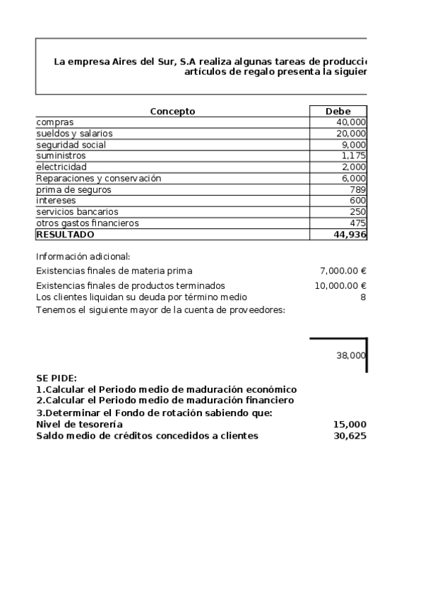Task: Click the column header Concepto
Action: (x=172, y=111)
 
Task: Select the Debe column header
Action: (x=338, y=111)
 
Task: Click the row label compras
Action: (x=55, y=122)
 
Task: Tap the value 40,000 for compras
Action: (x=352, y=122)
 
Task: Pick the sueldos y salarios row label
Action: (x=74, y=134)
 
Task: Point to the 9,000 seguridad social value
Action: (x=354, y=145)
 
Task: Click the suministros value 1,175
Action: (x=354, y=155)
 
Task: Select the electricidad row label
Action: (x=61, y=167)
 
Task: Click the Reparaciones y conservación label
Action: (x=99, y=178)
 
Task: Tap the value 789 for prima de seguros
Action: (x=358, y=189)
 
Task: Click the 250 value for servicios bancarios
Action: (x=358, y=212)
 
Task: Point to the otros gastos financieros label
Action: (x=88, y=223)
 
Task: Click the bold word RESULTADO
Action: (x=65, y=235)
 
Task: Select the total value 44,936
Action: (x=350, y=235)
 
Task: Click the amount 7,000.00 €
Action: (x=343, y=271)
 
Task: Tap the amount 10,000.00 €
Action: (x=340, y=285)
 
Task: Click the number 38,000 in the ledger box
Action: (x=351, y=356)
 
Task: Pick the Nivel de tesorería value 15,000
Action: (x=350, y=425)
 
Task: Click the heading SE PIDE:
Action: (x=56, y=379)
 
